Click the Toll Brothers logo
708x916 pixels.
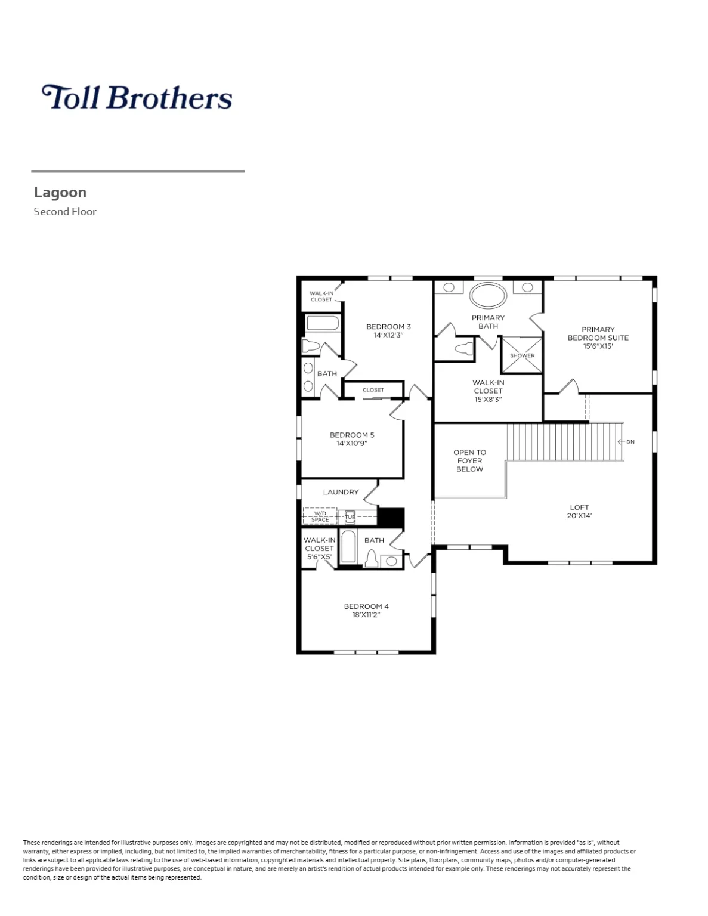coord(137,97)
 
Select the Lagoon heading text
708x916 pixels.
coord(60,192)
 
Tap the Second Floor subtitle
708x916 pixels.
coord(65,211)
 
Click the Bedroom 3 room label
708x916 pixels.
coord(388,327)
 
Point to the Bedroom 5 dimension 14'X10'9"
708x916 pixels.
coord(352,443)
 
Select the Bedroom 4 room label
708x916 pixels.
coord(366,606)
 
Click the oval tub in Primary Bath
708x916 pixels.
coord(489,295)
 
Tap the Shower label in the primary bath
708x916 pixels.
coord(522,355)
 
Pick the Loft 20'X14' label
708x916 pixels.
coord(579,512)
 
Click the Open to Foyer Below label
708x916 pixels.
coord(469,460)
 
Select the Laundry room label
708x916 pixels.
coord(341,492)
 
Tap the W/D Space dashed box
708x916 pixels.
coord(320,516)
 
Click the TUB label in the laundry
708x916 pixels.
coord(350,517)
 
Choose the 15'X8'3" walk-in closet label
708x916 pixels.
coord(488,400)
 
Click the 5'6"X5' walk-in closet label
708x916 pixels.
coord(319,557)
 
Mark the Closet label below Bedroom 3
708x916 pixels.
coord(373,390)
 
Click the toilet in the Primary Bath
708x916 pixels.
coord(463,348)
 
